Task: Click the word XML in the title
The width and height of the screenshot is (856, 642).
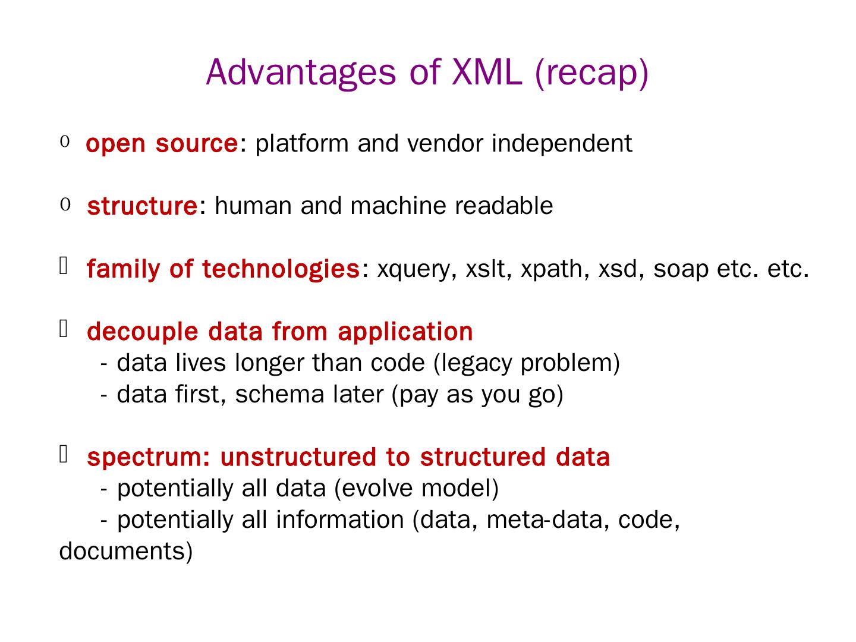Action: coord(487,72)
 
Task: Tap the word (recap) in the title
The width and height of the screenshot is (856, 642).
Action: coord(591,73)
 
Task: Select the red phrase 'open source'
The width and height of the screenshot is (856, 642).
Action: coord(162,144)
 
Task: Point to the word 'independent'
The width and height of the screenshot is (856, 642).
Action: coord(562,144)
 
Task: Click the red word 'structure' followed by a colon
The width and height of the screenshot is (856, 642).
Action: coord(141,206)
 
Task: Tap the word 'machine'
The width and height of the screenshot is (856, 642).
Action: coord(398,206)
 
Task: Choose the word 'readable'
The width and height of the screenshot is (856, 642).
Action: coord(504,206)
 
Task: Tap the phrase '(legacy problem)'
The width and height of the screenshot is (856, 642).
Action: coord(527,363)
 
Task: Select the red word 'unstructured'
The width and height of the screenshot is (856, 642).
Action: coord(298,458)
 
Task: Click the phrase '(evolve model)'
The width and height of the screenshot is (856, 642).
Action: coord(416,489)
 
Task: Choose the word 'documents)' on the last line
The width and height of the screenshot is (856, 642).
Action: coord(126,552)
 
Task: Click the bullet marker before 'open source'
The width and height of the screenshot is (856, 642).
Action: coord(65,142)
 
